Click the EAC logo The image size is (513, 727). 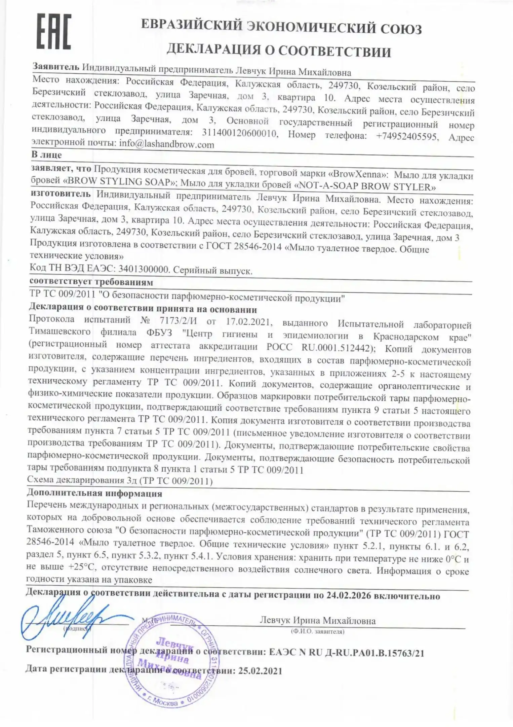point(54,32)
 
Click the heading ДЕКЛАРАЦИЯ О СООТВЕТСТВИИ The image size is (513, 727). point(279,51)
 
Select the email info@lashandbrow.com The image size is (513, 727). point(167,144)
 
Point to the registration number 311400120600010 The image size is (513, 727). point(240,134)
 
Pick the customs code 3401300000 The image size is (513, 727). point(144,269)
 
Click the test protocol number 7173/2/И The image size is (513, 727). point(178,320)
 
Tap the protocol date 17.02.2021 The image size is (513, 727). point(248,321)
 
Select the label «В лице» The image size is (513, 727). point(47,155)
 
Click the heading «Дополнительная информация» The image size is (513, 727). point(94,493)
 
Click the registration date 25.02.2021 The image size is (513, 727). point(260,671)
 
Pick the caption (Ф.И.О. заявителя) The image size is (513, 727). point(317,631)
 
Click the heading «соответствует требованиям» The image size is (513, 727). point(91,282)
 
